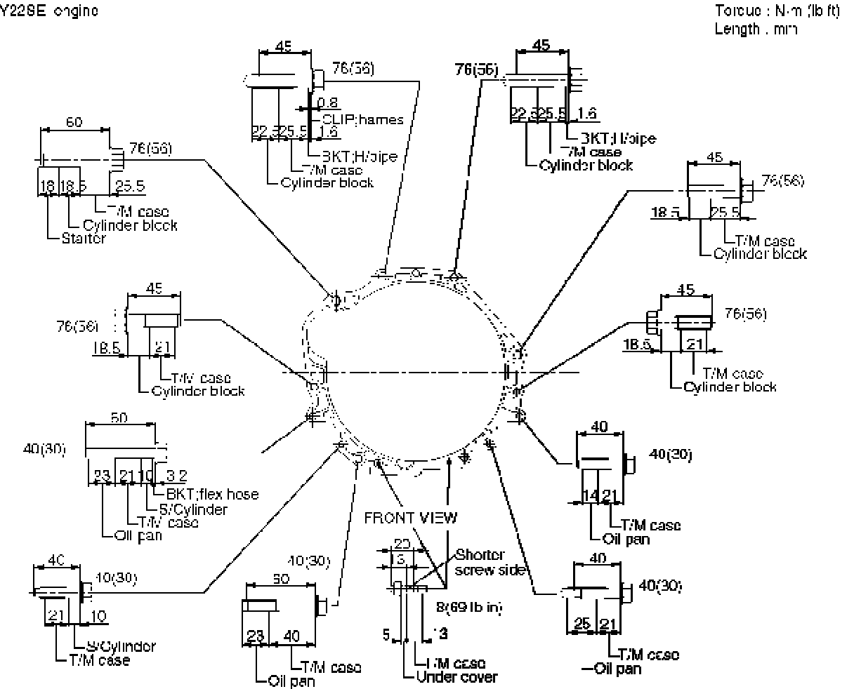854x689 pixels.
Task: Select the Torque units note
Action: (x=777, y=12)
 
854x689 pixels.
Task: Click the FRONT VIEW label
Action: (x=410, y=518)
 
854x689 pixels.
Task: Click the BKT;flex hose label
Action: (x=212, y=495)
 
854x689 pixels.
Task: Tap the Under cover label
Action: (x=456, y=677)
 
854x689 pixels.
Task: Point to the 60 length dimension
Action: (x=74, y=122)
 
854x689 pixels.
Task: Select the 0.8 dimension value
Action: (x=327, y=102)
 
